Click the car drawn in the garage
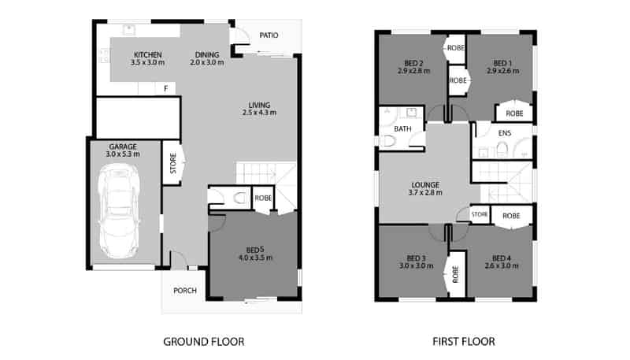point(120,211)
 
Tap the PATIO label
point(269,35)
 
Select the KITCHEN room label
point(148,54)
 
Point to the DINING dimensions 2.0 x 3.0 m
point(207,63)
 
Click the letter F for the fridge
point(166,88)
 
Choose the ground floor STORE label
point(173,163)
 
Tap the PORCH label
point(185,290)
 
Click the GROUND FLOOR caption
point(204,342)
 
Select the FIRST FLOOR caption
point(464,342)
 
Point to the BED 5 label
point(255,251)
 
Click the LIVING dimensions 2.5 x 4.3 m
point(259,113)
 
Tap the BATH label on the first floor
point(402,129)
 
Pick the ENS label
point(505,133)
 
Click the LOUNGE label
point(425,185)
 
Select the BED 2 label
point(413,64)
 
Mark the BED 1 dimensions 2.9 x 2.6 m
point(502,71)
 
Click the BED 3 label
point(416,258)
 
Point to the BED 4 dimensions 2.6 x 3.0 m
point(502,266)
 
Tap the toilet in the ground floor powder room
point(240,198)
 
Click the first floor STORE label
point(480,214)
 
